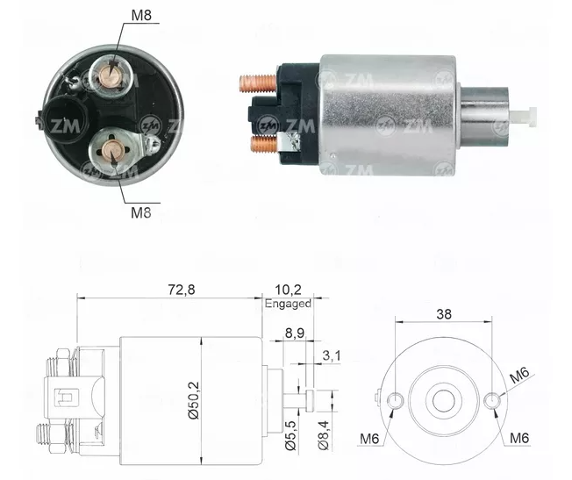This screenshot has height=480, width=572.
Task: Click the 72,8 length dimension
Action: point(182,290)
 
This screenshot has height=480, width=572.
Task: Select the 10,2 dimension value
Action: point(288,290)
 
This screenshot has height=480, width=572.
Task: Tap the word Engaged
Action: point(288,304)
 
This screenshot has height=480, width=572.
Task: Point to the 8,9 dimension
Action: point(294,333)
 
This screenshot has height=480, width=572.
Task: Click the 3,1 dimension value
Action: point(332,355)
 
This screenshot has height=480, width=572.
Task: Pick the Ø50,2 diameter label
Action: point(194,400)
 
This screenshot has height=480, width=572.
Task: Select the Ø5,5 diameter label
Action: point(290,435)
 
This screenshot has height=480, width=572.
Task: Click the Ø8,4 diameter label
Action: point(323,435)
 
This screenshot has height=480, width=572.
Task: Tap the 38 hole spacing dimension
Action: point(444,314)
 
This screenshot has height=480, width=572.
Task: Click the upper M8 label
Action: point(141,15)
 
